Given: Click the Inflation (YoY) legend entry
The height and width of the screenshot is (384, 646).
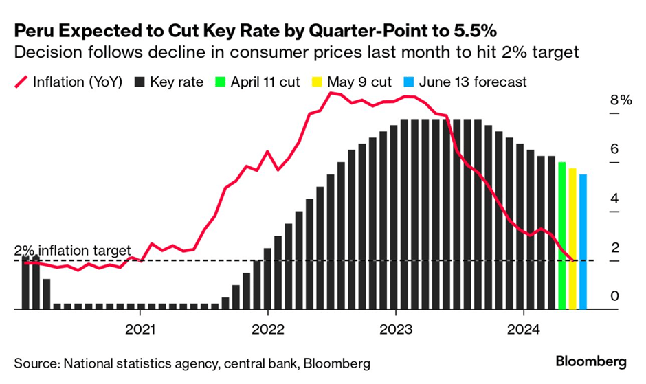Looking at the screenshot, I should pyautogui.click(x=69, y=82).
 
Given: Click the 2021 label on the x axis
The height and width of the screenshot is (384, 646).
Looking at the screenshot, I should pyautogui.click(x=140, y=328).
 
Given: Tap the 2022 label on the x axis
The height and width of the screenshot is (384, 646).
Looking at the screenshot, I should pyautogui.click(x=268, y=328).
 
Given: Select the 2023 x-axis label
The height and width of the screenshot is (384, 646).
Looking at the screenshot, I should pyautogui.click(x=396, y=328).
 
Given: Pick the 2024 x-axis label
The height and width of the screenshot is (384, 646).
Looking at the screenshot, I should pyautogui.click(x=524, y=328).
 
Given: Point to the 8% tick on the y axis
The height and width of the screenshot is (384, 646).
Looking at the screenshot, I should pyautogui.click(x=621, y=100).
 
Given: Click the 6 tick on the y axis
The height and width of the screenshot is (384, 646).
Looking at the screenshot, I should pyautogui.click(x=615, y=149).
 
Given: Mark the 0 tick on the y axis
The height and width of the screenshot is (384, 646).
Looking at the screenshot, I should pyautogui.click(x=615, y=297).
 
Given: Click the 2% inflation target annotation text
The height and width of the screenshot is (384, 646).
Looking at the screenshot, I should pyautogui.click(x=72, y=251).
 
